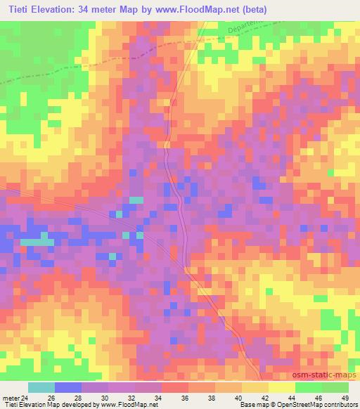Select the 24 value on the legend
(25, 398)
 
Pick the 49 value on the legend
(344, 398)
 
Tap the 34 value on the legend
(157, 398)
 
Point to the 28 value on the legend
(77, 398)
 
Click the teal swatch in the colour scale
(41, 388)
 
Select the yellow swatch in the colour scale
(281, 388)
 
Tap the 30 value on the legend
(104, 398)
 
